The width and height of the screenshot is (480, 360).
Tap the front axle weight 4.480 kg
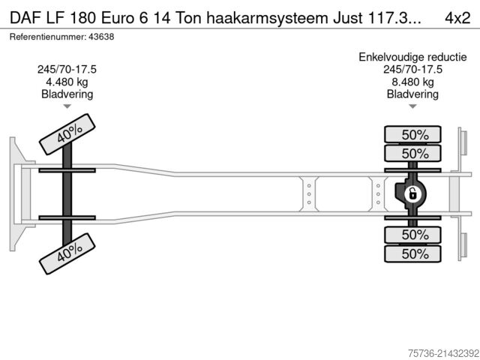click(x=67, y=82)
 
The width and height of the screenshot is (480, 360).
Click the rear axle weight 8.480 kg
click(x=412, y=82)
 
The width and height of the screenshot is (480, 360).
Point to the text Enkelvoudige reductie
click(x=412, y=58)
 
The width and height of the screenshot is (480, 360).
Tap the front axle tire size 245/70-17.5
click(x=67, y=70)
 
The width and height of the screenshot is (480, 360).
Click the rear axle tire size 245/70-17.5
click(x=412, y=70)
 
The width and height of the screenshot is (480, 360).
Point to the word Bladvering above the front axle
click(x=67, y=94)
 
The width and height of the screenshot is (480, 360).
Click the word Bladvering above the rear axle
click(x=412, y=94)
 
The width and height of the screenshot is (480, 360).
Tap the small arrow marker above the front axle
click(x=67, y=107)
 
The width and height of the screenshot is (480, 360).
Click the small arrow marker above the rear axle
click(x=412, y=107)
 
